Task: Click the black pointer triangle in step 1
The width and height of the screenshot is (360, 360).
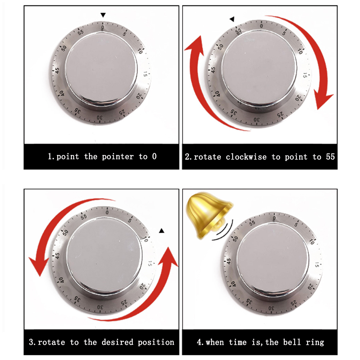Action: (x=103, y=15)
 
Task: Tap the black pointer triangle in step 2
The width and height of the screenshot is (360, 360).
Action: (x=232, y=19)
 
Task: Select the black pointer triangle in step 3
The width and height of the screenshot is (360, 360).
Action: (x=161, y=231)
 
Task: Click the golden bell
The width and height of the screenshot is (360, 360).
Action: (x=209, y=214)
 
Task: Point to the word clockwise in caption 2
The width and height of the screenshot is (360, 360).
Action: (x=246, y=157)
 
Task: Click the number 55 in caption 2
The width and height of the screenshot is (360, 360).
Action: (x=331, y=157)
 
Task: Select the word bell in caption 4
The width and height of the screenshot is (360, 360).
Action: (x=292, y=342)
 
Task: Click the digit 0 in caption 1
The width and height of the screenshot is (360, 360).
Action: (x=154, y=156)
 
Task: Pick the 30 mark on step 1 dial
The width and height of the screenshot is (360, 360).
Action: (x=100, y=118)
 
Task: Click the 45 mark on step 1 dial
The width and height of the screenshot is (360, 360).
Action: (x=57, y=70)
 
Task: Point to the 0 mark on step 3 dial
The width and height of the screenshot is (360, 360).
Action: (x=107, y=213)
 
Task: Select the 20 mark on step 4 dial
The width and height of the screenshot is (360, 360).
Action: (x=310, y=286)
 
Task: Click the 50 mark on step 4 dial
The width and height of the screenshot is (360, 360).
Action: (x=235, y=239)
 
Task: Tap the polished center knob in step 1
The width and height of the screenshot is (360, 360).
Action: (x=101, y=69)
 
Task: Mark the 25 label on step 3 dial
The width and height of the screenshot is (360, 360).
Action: (x=124, y=303)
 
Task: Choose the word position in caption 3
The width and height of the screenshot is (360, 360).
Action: (x=156, y=342)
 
